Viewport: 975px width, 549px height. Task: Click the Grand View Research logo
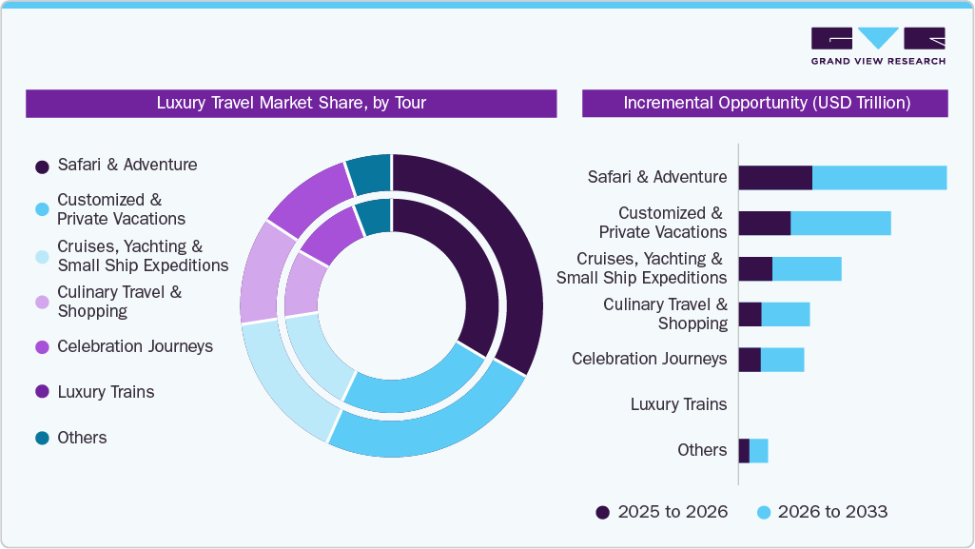(x=877, y=46)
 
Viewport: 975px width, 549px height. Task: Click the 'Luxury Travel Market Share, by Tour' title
(x=291, y=103)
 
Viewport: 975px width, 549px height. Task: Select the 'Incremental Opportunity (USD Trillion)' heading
(x=766, y=103)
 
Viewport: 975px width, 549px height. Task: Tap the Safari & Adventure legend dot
(x=42, y=167)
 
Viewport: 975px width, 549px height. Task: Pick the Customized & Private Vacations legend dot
(x=42, y=209)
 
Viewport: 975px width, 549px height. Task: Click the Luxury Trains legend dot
(x=42, y=392)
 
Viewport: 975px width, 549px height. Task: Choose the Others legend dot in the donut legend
(x=42, y=438)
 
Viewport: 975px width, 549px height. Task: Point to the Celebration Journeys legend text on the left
(x=134, y=346)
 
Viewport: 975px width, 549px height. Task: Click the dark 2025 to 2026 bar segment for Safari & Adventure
(x=775, y=178)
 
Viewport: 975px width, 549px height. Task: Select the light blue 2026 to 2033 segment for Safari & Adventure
(x=879, y=178)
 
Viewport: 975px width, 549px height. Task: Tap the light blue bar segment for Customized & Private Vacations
(x=841, y=223)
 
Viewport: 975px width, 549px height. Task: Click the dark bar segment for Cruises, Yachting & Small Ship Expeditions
(x=755, y=268)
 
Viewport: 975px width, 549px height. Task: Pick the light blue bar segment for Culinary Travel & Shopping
(x=786, y=314)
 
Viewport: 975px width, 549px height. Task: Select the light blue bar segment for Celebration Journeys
(x=782, y=360)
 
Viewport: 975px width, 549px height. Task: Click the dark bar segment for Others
(x=744, y=451)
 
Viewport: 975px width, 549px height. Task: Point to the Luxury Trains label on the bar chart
(x=678, y=404)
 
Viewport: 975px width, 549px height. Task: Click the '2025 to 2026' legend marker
(x=603, y=512)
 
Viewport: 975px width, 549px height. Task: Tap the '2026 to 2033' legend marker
(x=763, y=512)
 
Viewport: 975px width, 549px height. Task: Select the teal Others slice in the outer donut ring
(x=369, y=173)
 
